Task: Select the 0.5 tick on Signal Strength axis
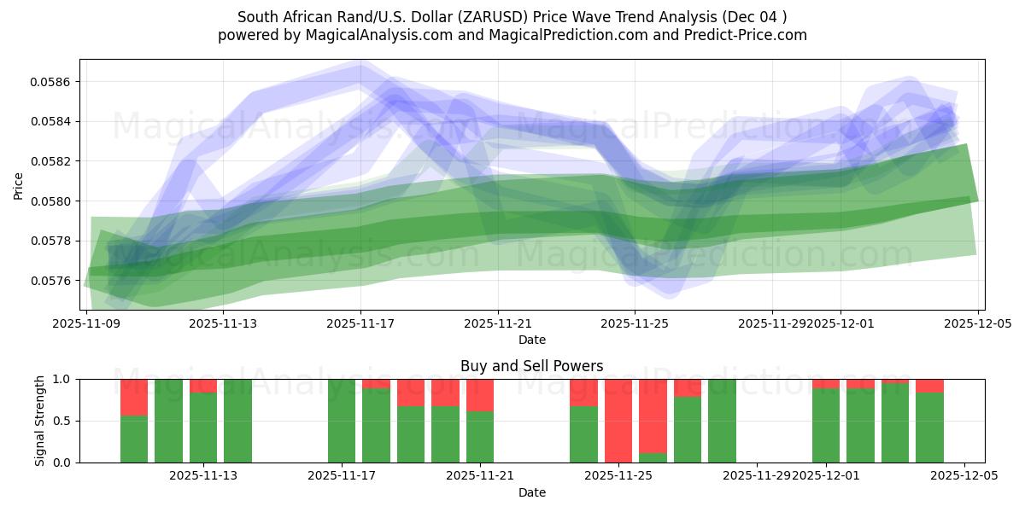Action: click(65, 421)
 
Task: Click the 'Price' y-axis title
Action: click(19, 185)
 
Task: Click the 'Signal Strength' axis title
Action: click(40, 421)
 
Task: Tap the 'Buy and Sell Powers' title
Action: click(531, 366)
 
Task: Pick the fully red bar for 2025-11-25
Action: click(618, 421)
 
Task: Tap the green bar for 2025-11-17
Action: click(342, 421)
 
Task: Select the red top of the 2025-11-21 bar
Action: click(480, 395)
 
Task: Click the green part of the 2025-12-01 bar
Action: click(826, 426)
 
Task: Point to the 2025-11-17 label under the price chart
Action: click(360, 323)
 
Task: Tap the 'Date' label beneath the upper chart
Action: click(531, 340)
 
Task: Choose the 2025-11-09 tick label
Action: click(86, 323)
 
